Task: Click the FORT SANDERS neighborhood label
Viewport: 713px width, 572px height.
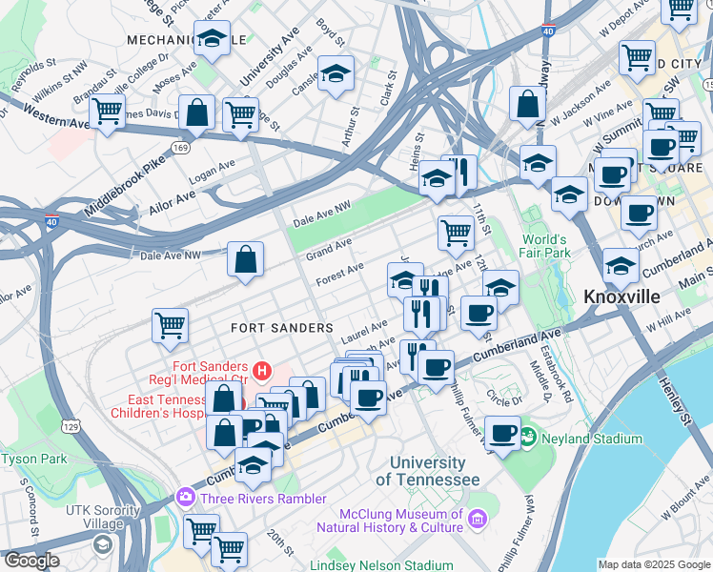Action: (x=282, y=327)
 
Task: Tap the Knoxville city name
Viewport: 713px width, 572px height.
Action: (x=621, y=296)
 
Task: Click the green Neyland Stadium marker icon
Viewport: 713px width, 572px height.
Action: (x=531, y=439)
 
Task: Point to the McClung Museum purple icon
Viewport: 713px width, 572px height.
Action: (x=477, y=521)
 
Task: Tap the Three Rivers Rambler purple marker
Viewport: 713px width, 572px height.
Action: (x=184, y=498)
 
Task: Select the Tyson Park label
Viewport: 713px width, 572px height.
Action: (x=34, y=459)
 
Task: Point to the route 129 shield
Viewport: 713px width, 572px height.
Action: (x=69, y=422)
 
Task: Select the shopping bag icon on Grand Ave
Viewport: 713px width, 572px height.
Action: (x=245, y=258)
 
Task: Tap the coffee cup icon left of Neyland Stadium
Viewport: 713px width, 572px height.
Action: (x=502, y=433)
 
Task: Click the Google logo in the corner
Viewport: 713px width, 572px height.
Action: (x=31, y=561)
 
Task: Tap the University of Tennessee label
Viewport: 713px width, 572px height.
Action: (x=428, y=470)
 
